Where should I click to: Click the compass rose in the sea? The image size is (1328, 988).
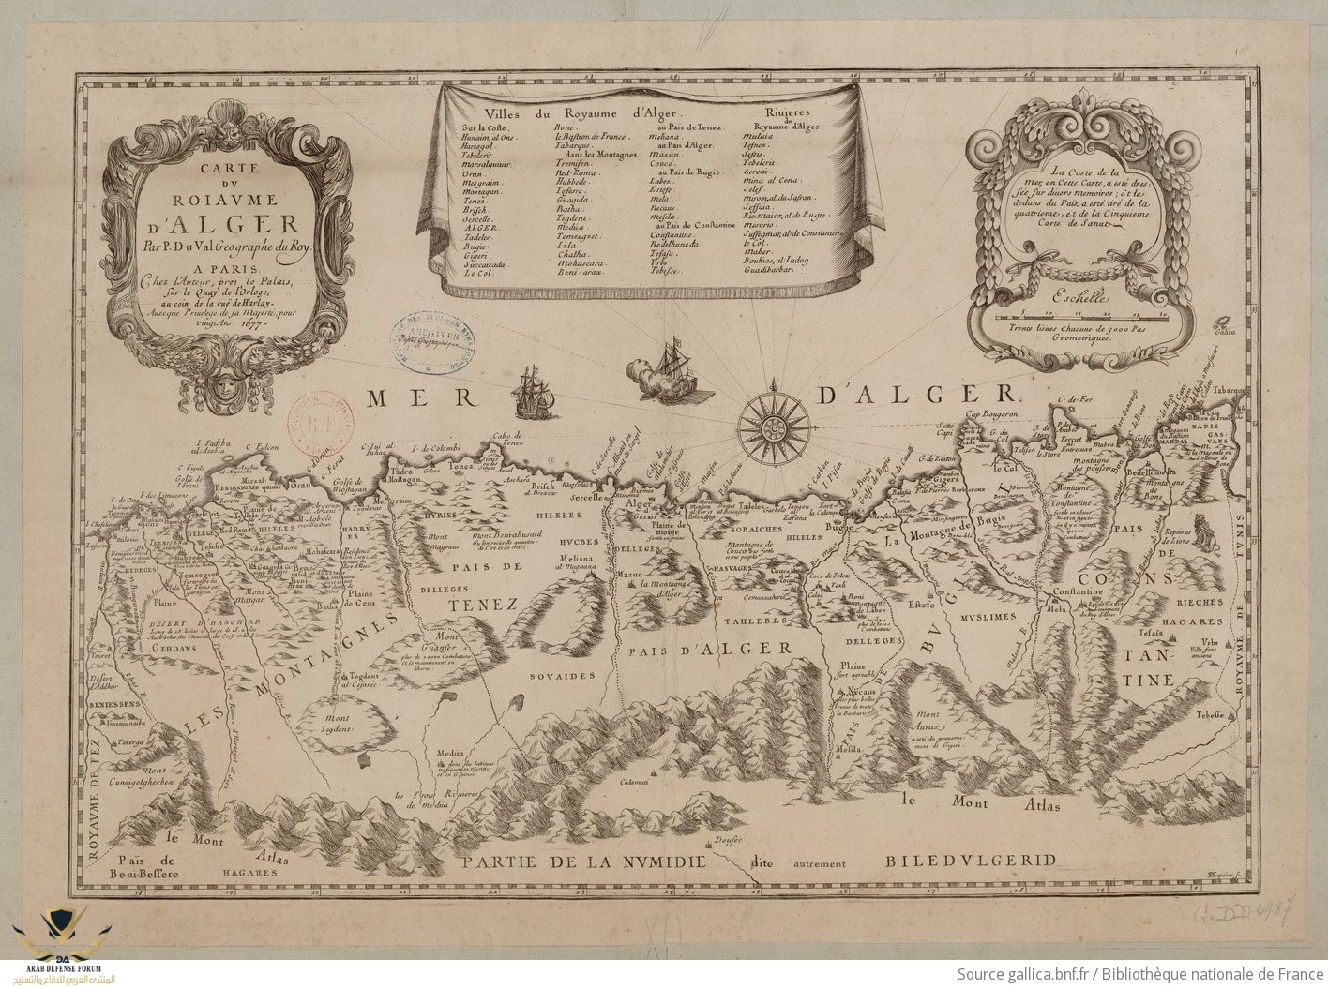(775, 427)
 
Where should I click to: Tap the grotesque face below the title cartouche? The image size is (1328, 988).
(225, 382)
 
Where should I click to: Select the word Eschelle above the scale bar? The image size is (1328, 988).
(1079, 299)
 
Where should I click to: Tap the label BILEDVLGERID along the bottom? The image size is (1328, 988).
(971, 858)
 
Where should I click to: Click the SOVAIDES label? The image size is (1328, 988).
(562, 675)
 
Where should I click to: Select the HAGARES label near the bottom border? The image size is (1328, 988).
(250, 871)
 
